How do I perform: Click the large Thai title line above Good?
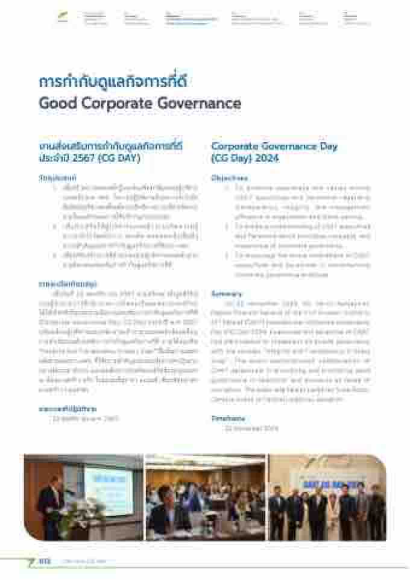(x=109, y=81)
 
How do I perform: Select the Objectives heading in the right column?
(x=230, y=178)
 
